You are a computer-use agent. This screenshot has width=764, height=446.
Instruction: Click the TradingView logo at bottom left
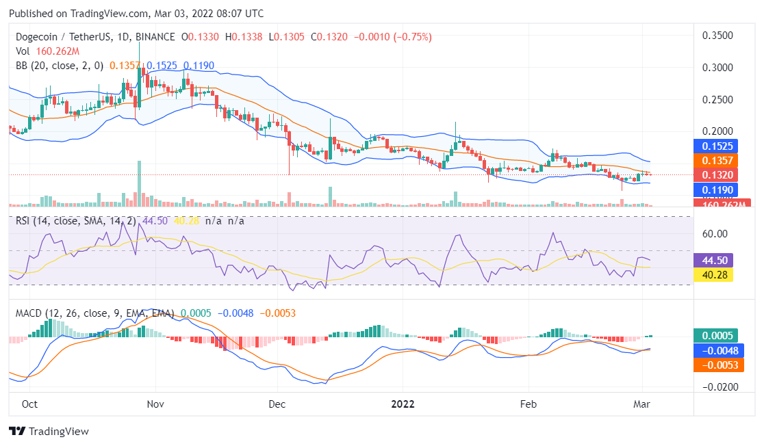point(49,432)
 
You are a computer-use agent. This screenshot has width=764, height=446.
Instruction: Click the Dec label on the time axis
point(277,404)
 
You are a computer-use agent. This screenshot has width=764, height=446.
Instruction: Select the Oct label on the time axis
point(29,404)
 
